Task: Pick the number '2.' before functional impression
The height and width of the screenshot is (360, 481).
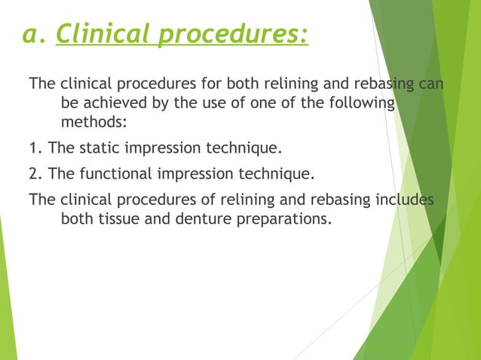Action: (x=35, y=175)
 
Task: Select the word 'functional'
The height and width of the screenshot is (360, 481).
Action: (x=112, y=175)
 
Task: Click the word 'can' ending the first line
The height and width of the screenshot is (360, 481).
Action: (x=431, y=82)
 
